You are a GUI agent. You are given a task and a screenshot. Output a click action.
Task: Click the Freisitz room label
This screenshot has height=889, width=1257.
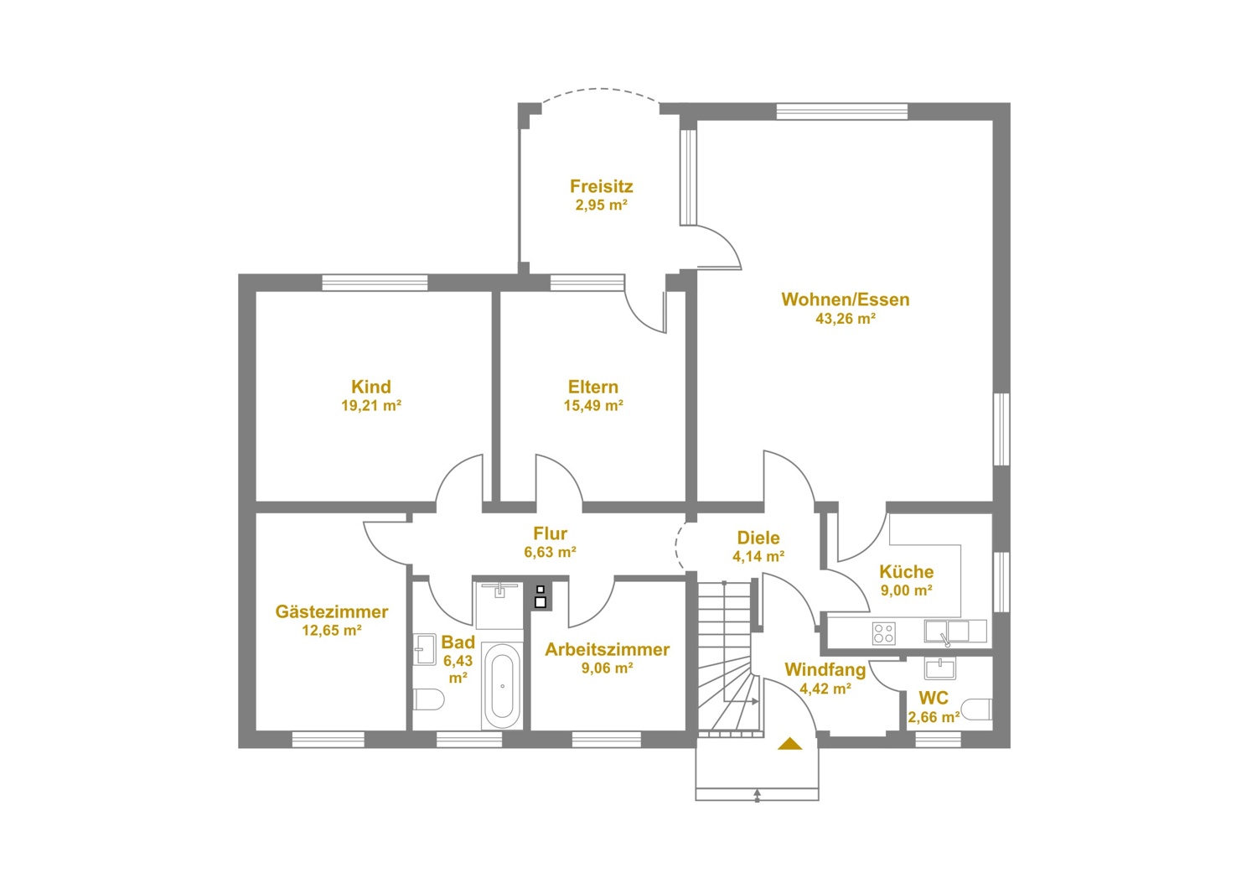(601, 186)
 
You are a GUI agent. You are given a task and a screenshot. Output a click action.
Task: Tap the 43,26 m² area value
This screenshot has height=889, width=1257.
(846, 319)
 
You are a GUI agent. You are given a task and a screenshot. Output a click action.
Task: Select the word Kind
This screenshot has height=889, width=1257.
(371, 387)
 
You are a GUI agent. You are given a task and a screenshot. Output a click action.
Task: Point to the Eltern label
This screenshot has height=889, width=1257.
(593, 387)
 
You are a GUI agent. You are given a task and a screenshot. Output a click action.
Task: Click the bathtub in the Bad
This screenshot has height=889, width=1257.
(502, 686)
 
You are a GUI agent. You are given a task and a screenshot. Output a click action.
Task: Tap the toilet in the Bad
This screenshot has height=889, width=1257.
(429, 699)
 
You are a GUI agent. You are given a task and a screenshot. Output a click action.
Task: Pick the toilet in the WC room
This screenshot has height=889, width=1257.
(977, 710)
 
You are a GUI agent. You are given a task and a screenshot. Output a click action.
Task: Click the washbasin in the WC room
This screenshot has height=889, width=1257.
(940, 668)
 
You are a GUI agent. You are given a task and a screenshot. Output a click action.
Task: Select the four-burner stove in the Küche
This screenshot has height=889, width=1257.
(884, 633)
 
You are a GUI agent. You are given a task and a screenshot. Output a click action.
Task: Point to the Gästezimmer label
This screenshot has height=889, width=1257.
(332, 611)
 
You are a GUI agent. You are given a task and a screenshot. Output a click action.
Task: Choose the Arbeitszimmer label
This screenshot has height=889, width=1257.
(608, 649)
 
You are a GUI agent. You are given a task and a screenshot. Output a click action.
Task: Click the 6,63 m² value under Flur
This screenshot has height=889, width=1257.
(550, 552)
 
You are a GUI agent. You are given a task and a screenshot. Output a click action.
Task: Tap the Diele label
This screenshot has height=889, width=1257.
(758, 538)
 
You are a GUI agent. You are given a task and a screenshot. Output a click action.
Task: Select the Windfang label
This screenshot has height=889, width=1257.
(825, 669)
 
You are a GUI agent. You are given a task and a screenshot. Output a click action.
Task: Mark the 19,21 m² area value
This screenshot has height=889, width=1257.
(371, 405)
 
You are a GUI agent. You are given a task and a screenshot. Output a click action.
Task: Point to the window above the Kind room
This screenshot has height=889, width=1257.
(375, 283)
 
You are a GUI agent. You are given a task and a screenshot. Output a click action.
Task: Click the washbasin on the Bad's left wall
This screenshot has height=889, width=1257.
(425, 650)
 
